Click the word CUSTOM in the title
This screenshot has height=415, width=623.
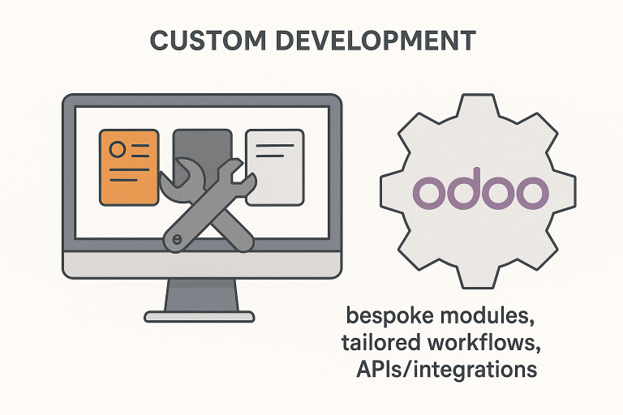[201, 43]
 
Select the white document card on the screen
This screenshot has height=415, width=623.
[274, 165]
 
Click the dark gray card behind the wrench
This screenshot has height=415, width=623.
[202, 144]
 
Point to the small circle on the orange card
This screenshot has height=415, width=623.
[117, 149]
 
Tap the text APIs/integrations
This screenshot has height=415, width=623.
[446, 370]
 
